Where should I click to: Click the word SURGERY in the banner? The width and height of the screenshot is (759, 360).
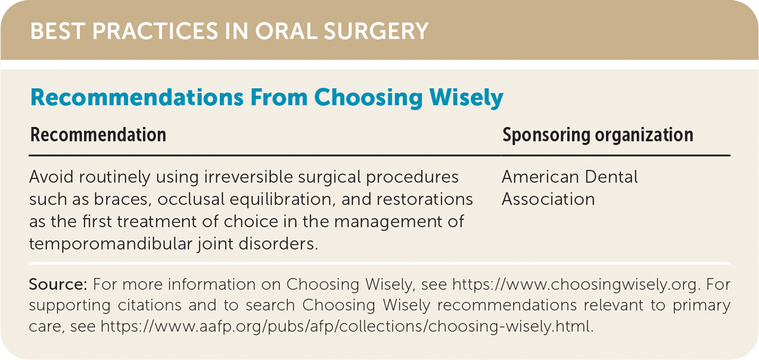pyautogui.click(x=376, y=31)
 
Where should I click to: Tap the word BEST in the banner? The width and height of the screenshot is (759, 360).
pyautogui.click(x=58, y=31)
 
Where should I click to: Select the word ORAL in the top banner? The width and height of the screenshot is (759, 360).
pyautogui.click(x=286, y=31)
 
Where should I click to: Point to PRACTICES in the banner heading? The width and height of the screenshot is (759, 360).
pyautogui.click(x=155, y=31)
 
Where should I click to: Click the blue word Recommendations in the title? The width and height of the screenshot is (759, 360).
pyautogui.click(x=137, y=98)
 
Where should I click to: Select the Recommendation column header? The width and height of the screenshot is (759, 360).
pyautogui.click(x=98, y=135)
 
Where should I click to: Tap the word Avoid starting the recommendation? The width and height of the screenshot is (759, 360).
pyautogui.click(x=51, y=177)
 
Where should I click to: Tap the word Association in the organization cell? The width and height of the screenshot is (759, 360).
pyautogui.click(x=548, y=199)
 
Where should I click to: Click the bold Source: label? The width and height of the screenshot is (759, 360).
pyautogui.click(x=58, y=285)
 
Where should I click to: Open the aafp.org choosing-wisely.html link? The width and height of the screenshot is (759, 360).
pyautogui.click(x=347, y=327)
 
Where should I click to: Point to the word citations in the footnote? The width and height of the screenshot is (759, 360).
pyautogui.click(x=150, y=305)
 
